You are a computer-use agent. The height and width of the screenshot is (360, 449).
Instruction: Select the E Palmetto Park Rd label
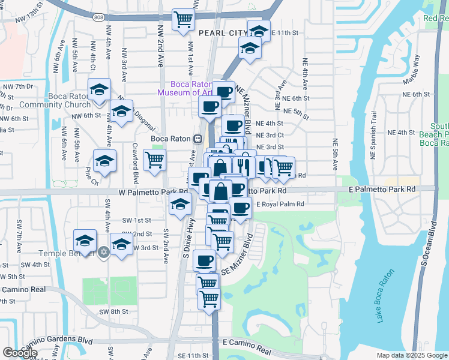coord(382,189)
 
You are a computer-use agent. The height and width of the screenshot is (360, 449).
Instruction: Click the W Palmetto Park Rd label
coord(153,192)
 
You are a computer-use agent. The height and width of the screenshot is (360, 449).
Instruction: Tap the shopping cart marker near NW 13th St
coord(183,19)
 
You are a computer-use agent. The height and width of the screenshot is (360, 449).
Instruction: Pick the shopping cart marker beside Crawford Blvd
coord(154,161)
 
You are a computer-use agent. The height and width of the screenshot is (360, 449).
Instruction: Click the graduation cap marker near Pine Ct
coord(104,161)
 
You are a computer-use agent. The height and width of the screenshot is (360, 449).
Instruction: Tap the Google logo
coord(20,353)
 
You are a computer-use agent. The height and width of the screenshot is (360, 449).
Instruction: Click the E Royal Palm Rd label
coord(281,204)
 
